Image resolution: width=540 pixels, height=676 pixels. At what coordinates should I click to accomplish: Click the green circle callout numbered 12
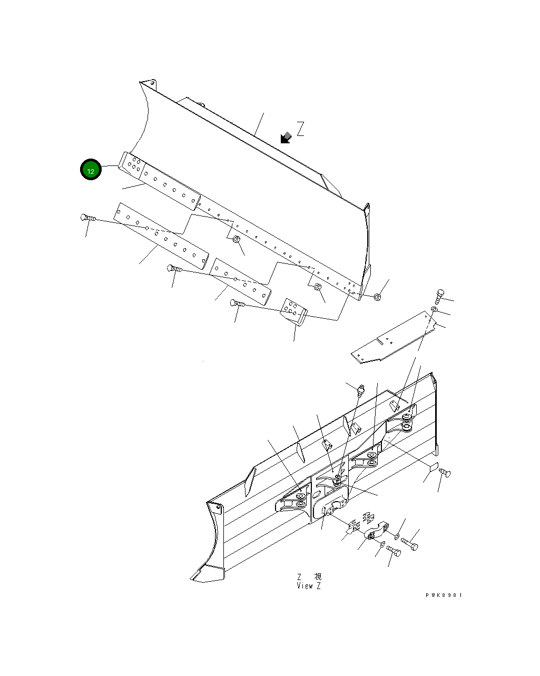pyautogui.click(x=91, y=170)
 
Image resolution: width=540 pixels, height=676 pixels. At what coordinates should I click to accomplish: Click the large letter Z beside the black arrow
pyautogui.click(x=300, y=129)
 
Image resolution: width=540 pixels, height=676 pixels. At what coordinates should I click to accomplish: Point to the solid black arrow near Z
pyautogui.click(x=286, y=138)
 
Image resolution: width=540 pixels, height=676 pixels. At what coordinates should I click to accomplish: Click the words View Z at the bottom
pyautogui.click(x=309, y=586)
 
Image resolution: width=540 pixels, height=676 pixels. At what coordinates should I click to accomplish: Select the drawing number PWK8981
pyautogui.click(x=444, y=595)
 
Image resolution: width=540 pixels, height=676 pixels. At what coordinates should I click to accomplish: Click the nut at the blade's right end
pyautogui.click(x=377, y=298)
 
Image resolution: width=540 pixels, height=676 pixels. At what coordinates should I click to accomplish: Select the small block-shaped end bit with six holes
pyautogui.click(x=294, y=311)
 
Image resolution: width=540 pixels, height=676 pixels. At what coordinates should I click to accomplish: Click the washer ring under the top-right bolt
pyautogui.click(x=434, y=308)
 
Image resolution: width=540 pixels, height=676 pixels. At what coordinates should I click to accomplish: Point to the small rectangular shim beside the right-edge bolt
pyautogui.click(x=434, y=466)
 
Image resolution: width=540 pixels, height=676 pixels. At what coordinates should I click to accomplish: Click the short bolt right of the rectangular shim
pyautogui.click(x=445, y=473)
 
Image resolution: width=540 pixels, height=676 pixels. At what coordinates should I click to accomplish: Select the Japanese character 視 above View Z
pyautogui.click(x=317, y=577)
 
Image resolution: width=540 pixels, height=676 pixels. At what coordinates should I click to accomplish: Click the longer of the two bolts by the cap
pyautogui.click(x=409, y=543)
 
